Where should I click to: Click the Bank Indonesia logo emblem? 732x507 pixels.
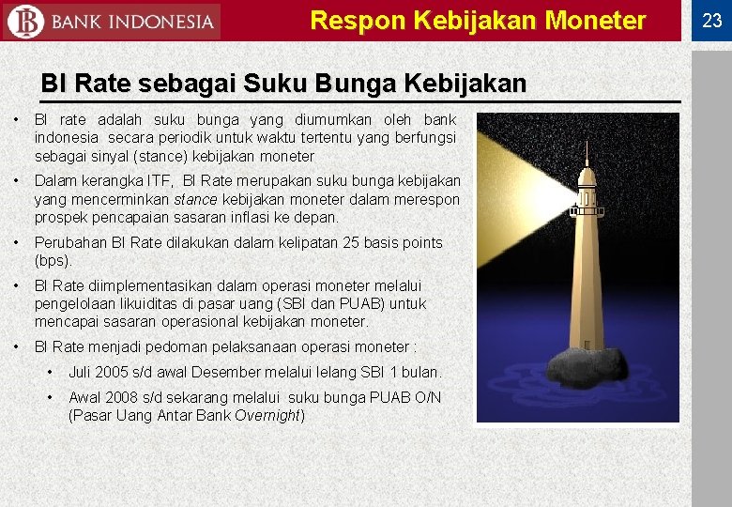coord(25,21)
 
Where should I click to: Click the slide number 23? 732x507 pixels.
coord(711,21)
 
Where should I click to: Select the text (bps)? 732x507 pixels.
coord(53,261)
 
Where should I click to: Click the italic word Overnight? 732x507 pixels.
coord(267,415)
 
